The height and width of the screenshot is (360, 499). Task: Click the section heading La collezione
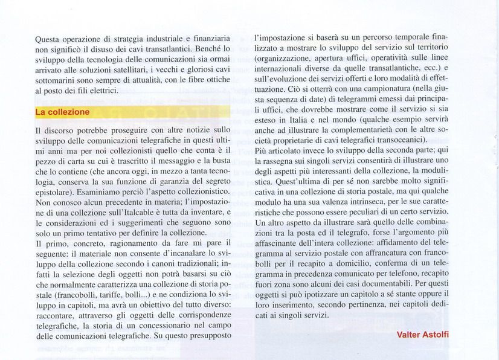point(62,112)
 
